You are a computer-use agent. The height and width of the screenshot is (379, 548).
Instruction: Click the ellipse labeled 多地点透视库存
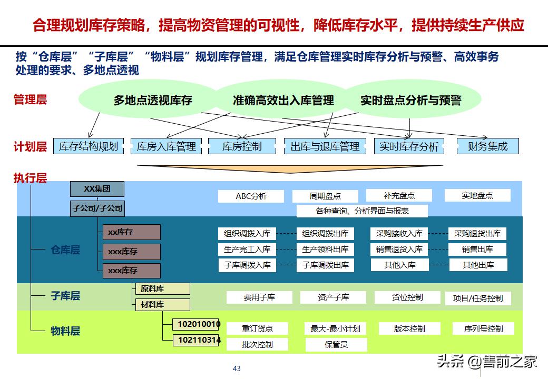point(153,100)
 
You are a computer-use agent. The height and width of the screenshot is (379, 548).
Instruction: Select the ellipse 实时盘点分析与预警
point(410,100)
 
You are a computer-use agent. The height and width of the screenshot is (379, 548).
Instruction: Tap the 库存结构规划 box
point(89,146)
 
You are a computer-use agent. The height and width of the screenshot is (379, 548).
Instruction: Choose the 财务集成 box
point(487,146)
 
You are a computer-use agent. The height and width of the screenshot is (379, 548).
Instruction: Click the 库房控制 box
point(242,146)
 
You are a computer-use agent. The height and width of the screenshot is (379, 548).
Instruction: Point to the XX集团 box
point(97,188)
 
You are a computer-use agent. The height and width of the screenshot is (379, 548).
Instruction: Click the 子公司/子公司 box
point(97,208)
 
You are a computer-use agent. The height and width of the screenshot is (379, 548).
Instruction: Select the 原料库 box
point(162,288)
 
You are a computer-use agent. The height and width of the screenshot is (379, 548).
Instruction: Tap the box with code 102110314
point(199,340)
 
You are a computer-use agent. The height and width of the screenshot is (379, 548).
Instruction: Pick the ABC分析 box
point(251,196)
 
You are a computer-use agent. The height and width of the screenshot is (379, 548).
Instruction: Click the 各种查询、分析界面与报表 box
point(362,211)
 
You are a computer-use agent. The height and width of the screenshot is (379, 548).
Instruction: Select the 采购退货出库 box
point(477,233)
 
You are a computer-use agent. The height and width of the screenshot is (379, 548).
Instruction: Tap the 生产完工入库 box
point(247,249)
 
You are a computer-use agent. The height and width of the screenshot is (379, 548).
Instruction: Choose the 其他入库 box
point(400,265)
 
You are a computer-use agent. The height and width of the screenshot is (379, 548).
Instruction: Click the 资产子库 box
point(333,297)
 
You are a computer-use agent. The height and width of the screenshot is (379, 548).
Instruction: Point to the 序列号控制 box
point(483,329)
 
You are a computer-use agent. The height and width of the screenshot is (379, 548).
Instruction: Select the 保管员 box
point(336,345)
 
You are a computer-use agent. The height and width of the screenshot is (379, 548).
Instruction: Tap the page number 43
point(237,368)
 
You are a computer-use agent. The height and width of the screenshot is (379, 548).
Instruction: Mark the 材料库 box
point(162,304)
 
